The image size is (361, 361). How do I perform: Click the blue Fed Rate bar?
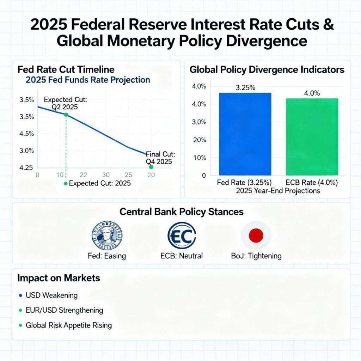(245, 134)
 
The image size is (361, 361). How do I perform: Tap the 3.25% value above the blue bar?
(245, 88)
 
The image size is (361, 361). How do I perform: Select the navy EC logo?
(182, 236)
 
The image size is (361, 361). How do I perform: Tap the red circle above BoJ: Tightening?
(256, 235)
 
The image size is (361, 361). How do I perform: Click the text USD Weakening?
(51, 295)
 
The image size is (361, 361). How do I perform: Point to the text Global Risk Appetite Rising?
(69, 325)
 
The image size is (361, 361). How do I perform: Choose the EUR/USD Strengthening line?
(65, 310)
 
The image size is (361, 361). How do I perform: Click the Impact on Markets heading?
(59, 278)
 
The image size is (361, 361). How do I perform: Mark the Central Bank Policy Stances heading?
(182, 212)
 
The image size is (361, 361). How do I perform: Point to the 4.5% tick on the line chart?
(27, 134)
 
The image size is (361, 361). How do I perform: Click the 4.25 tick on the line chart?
(27, 167)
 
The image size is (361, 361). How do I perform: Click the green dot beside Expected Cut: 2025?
(65, 183)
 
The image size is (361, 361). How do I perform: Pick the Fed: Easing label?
(106, 256)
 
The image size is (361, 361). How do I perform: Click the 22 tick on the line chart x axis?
(83, 175)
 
